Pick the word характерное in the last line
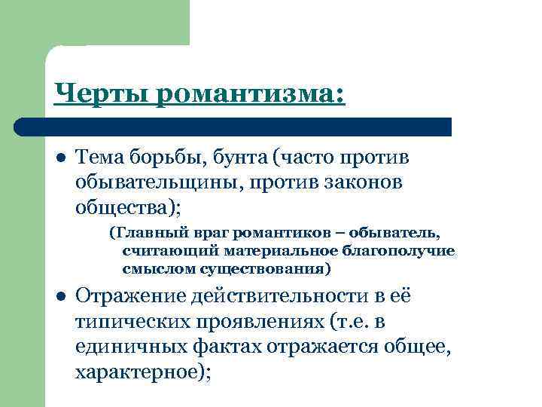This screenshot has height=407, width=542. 139,373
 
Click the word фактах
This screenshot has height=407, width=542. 235,348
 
